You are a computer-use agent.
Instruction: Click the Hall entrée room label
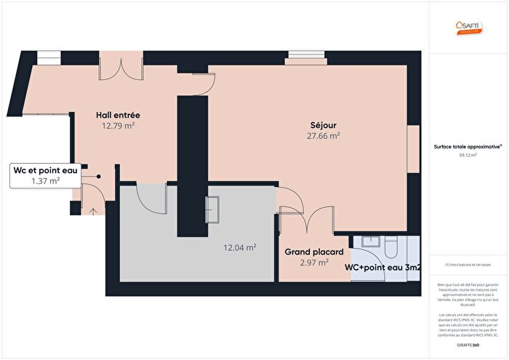click(119, 115)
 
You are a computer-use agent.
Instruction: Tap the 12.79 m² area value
click(119, 125)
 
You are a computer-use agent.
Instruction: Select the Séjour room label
click(324, 124)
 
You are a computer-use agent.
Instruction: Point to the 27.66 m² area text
click(324, 135)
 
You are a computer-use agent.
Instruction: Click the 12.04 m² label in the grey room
click(239, 247)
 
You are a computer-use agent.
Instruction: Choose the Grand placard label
click(313, 252)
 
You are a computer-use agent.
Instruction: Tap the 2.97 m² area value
click(313, 263)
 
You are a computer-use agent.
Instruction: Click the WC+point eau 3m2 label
click(383, 268)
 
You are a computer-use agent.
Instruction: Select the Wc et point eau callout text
click(45, 170)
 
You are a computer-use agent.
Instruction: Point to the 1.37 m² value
click(45, 181)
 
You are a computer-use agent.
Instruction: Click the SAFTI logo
click(467, 28)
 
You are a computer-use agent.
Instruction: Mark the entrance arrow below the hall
click(93, 211)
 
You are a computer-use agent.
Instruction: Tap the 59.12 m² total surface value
click(467, 155)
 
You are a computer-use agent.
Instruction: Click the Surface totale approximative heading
click(467, 146)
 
